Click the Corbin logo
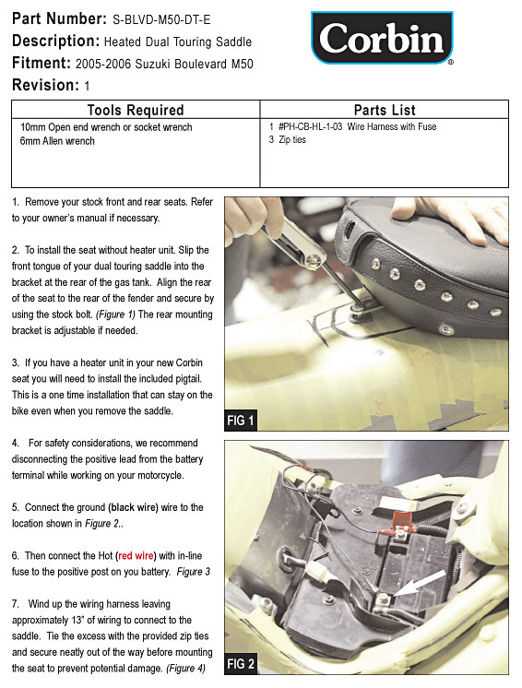point(382,38)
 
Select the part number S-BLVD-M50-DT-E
point(161,19)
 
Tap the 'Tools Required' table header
point(135,110)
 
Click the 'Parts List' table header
point(385,110)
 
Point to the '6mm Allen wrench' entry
point(57,141)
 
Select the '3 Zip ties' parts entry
point(288,139)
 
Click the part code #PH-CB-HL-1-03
point(310,126)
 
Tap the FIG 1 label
point(241,421)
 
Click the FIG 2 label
point(241,663)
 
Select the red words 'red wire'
point(136,555)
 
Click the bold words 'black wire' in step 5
point(135,507)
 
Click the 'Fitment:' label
point(42,64)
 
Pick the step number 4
point(16,444)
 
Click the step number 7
point(16,604)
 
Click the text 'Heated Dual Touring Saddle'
point(178,42)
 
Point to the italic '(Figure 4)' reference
point(185,669)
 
